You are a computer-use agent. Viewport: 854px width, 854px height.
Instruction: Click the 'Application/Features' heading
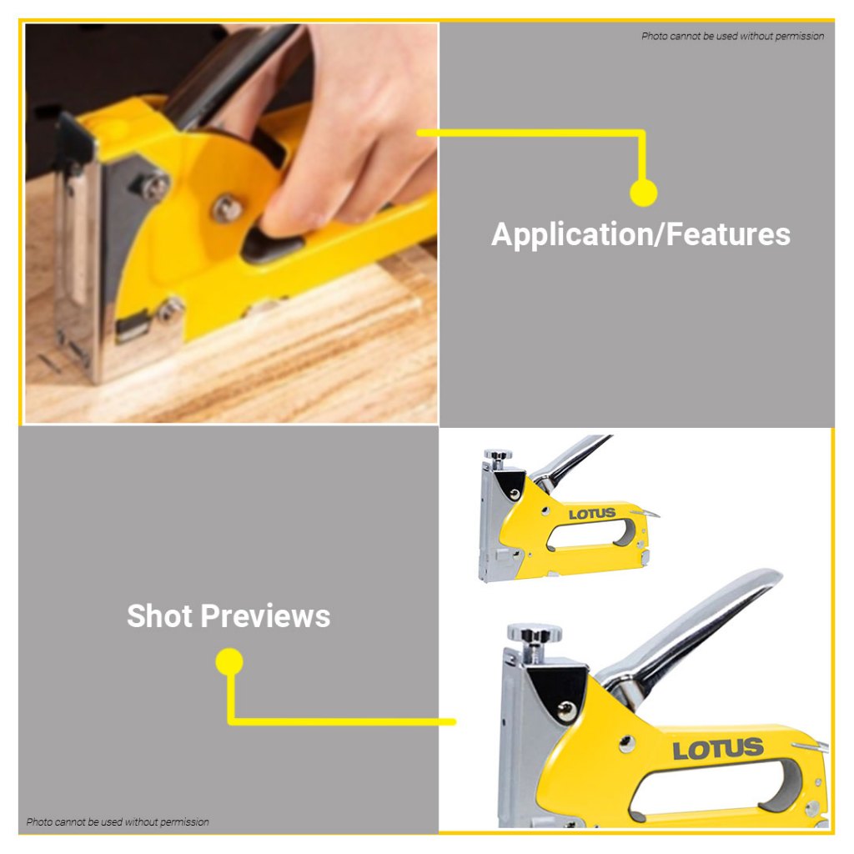[640, 234]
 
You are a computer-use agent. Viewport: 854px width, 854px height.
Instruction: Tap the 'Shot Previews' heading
[229, 616]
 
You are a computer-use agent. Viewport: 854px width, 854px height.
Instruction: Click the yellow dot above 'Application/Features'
[643, 193]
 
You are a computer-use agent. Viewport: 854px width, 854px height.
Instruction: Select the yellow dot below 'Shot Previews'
[229, 661]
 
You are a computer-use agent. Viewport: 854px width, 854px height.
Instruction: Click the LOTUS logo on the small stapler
[592, 514]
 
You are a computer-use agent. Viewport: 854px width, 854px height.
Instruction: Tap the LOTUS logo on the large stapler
[718, 750]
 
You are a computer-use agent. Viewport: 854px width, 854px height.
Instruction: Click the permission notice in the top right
[732, 36]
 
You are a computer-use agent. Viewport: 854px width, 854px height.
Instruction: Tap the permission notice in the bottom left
[118, 821]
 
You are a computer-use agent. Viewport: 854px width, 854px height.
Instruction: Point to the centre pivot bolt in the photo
[227, 208]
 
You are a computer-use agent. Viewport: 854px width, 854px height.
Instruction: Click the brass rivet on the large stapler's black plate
[567, 709]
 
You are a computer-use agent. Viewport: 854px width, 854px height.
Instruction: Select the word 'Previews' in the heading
[265, 616]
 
